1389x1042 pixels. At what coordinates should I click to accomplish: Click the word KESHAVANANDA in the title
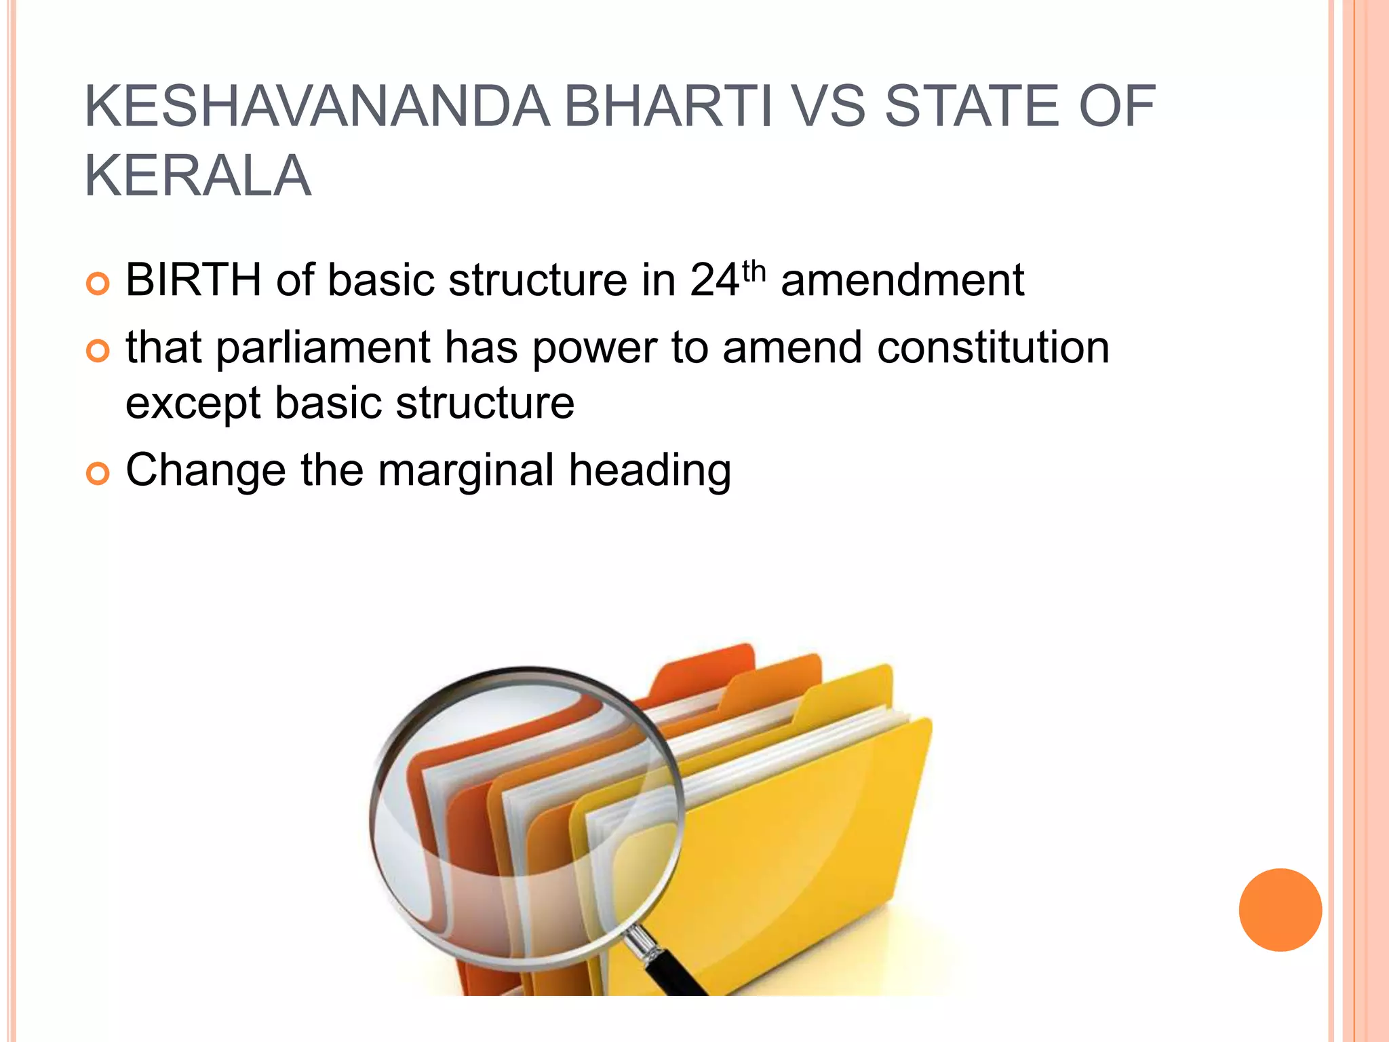pos(316,107)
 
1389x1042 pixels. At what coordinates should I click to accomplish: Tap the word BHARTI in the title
pos(668,107)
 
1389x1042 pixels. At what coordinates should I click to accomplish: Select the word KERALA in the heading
pos(197,176)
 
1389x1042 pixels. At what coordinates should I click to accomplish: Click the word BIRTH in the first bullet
pos(193,279)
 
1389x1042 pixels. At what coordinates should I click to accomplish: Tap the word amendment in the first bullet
pos(902,279)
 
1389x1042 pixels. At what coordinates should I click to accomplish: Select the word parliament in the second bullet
pos(323,348)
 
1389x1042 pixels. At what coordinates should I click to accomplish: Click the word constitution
pos(993,347)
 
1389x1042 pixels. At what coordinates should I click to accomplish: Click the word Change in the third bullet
pos(206,470)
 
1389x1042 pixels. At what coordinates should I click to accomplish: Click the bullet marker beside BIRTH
pos(98,284)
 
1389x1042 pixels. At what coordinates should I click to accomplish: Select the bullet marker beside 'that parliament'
pos(98,351)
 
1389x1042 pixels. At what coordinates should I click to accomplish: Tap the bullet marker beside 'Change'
pos(98,474)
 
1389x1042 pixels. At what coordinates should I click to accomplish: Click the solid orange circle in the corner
pos(1280,910)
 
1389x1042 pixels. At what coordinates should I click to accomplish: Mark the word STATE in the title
pos(971,107)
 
